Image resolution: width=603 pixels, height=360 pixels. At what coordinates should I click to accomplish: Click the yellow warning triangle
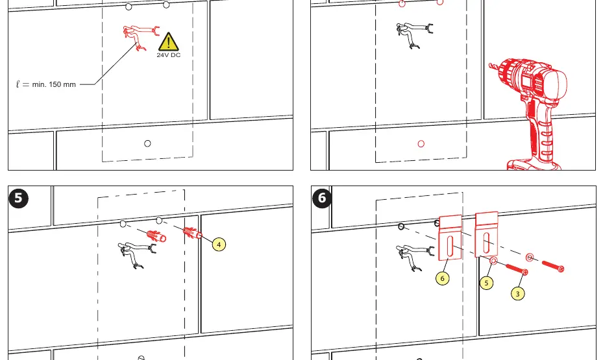coord(169,42)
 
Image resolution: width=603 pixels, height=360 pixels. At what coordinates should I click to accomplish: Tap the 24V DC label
coord(169,55)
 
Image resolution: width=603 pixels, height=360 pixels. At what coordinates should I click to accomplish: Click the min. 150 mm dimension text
coord(54,84)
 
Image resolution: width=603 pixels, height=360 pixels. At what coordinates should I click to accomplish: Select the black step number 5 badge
coord(18,198)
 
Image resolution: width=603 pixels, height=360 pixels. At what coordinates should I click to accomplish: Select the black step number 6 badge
coord(321,198)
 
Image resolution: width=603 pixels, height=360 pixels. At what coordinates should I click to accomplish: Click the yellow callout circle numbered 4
coord(219,245)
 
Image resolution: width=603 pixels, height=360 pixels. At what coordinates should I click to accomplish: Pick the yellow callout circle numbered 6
coord(442,278)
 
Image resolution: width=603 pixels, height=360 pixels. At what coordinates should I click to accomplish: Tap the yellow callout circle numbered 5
coord(486,283)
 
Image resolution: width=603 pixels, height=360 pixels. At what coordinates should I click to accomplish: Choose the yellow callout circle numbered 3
coord(517,294)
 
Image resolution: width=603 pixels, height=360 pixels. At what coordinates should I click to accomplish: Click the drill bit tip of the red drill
coord(490,65)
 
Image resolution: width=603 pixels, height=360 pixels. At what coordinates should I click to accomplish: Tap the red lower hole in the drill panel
coord(421,144)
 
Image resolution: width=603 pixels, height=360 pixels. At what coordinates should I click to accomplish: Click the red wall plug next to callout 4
coord(193,233)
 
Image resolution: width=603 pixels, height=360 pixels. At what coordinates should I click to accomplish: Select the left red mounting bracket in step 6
coord(450,237)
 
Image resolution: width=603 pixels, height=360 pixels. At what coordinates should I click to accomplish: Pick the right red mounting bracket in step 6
coord(487,234)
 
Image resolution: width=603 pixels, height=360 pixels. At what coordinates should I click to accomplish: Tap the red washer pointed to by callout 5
coord(493,261)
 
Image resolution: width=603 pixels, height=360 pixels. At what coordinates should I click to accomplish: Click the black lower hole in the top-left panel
coord(147,143)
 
